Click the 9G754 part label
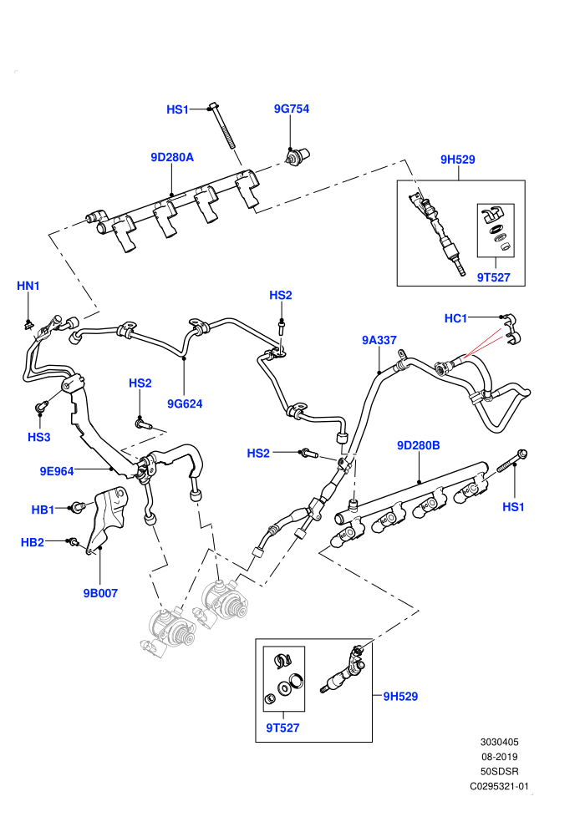click(291, 109)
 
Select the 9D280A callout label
click(172, 157)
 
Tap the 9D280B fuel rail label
click(419, 446)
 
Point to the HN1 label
click(28, 286)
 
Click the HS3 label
click(39, 437)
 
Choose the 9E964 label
click(57, 471)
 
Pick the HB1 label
click(43, 510)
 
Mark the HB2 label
click(33, 542)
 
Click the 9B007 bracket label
click(100, 593)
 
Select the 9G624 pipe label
click(185, 404)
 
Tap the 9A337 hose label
click(379, 340)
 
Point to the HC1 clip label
click(455, 318)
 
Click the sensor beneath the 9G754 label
click(298, 156)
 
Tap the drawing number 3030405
click(499, 742)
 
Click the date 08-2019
click(499, 757)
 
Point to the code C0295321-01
click(499, 786)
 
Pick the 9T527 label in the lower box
click(282, 728)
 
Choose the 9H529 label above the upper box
click(458, 160)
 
